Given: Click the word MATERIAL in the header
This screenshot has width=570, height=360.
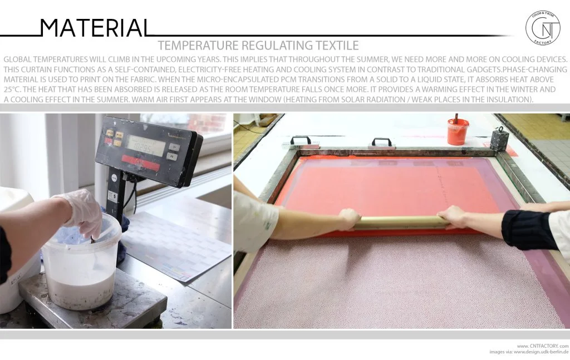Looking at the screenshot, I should pos(95,28).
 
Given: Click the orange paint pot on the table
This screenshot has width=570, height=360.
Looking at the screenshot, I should pos(458,132).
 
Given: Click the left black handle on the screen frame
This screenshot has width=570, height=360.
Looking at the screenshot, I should pos(300,141).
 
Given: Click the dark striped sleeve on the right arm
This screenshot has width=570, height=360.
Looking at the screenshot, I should pos(529,229).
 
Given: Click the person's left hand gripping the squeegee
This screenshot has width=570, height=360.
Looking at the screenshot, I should pos(350,219).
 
